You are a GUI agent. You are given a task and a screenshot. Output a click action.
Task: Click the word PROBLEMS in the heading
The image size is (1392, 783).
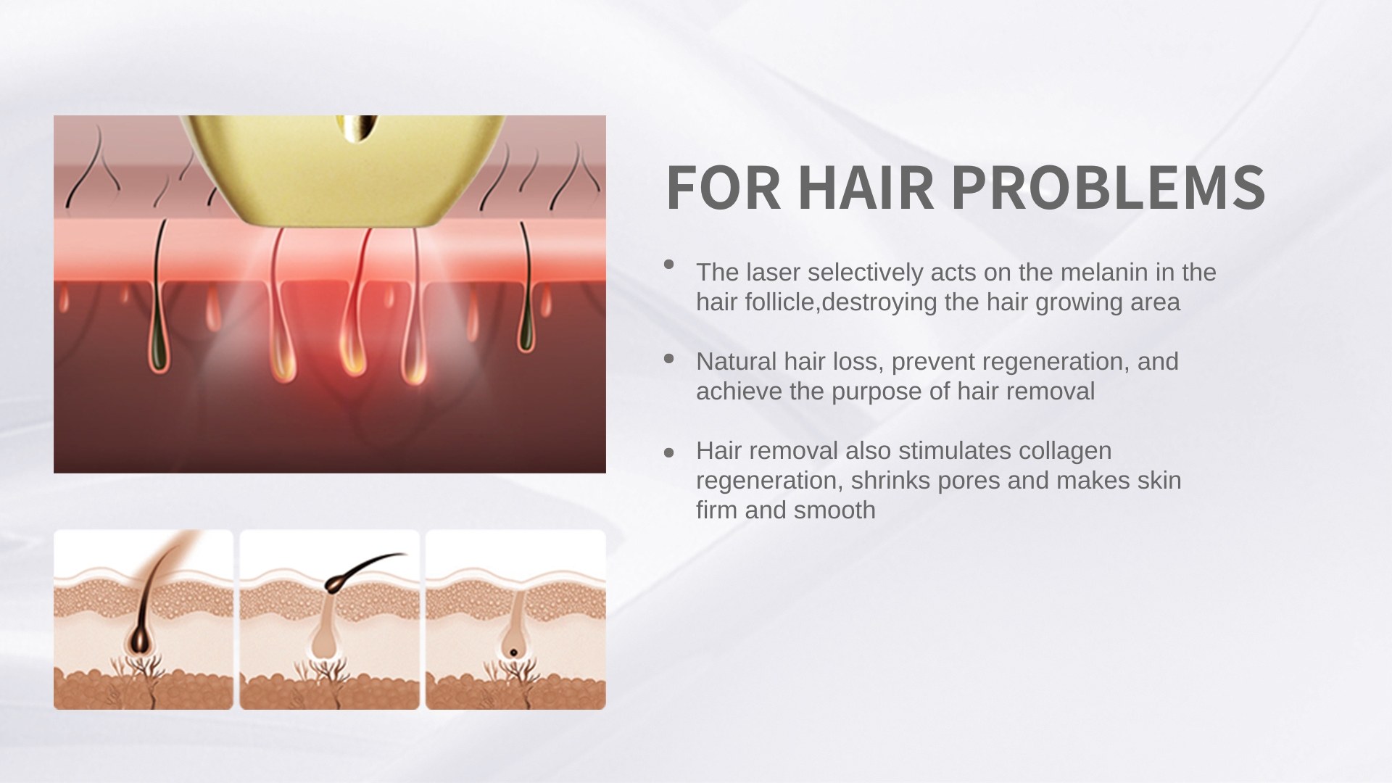coord(1108,187)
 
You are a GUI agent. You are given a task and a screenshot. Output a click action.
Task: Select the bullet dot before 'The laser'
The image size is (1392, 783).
coord(669,265)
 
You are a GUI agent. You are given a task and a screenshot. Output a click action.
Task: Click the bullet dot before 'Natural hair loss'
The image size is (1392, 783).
coord(669,358)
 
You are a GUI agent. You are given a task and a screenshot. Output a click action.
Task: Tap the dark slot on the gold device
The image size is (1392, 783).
coord(360,127)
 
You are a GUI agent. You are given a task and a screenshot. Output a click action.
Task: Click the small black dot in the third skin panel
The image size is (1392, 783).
coord(513,652)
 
